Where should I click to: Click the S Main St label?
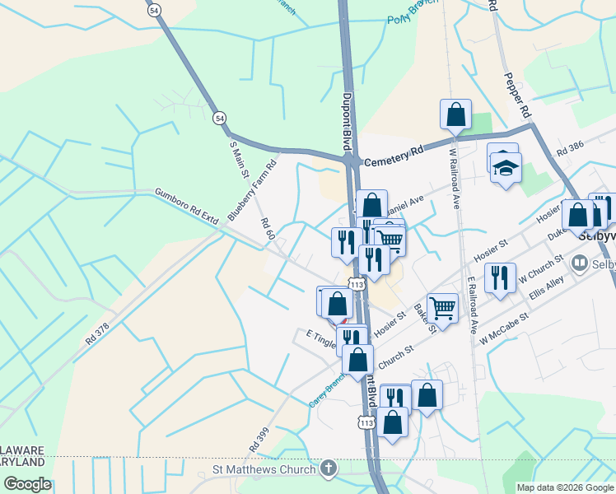pyautogui.click(x=239, y=162)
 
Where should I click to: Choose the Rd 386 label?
pyautogui.click(x=569, y=148)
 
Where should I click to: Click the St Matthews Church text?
pyautogui.click(x=263, y=469)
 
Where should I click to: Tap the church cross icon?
pyautogui.click(x=329, y=469)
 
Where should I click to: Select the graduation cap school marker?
pyautogui.click(x=506, y=169)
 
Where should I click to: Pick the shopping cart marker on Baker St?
pyautogui.click(x=443, y=309)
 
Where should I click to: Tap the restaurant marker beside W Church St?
pyautogui.click(x=500, y=277)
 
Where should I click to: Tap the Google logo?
pyautogui.click(x=27, y=484)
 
